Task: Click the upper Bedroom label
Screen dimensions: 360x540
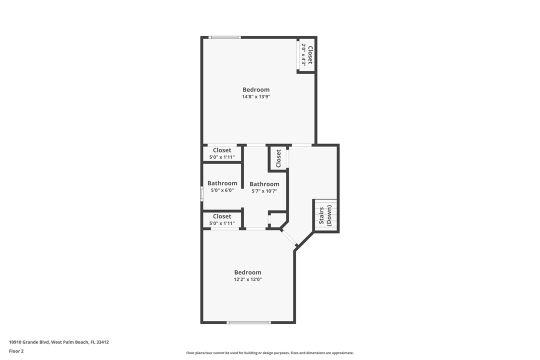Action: [x=256, y=90]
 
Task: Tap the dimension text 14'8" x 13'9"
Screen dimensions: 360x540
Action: [x=256, y=97]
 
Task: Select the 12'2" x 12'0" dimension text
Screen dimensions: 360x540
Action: [x=248, y=279]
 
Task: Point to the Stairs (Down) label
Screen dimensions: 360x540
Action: [x=325, y=216]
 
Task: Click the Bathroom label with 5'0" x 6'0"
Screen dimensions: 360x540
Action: [x=222, y=183]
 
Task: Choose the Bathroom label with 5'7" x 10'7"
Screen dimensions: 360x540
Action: [x=264, y=184]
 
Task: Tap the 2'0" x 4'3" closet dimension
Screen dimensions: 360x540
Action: [x=303, y=55]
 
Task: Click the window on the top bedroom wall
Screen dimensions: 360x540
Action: [x=224, y=37]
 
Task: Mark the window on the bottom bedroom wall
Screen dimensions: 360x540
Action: [x=248, y=322]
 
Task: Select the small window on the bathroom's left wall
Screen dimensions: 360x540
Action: [x=202, y=193]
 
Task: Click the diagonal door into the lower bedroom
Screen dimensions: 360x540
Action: [x=289, y=237]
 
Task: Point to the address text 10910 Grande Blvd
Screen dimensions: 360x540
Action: [x=59, y=342]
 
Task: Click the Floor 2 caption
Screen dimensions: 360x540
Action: [x=16, y=351]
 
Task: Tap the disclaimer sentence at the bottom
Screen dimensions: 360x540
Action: [x=270, y=353]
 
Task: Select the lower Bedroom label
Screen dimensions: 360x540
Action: [x=248, y=272]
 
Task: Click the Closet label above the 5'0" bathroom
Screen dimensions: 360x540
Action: [x=222, y=150]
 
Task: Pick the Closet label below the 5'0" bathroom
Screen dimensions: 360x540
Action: [x=222, y=216]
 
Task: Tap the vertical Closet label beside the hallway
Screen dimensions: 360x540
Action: [x=278, y=159]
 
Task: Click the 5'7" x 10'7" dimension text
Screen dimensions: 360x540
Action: [x=264, y=191]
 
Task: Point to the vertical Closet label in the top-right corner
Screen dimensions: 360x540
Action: [x=310, y=55]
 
